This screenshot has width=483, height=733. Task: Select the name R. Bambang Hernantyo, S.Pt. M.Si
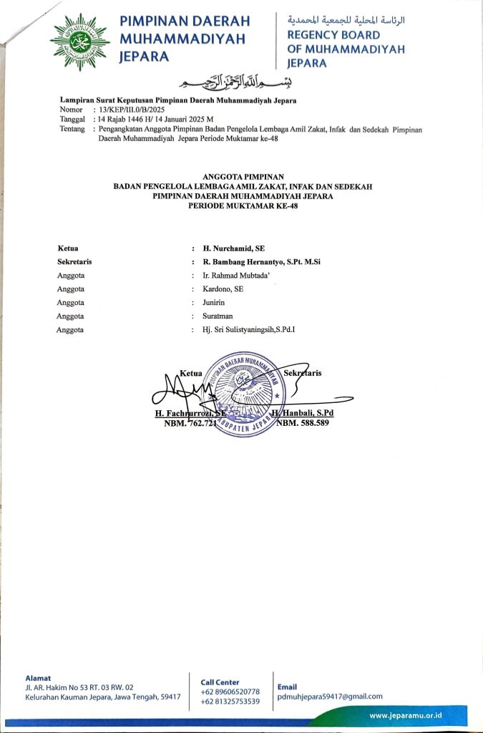[262, 261]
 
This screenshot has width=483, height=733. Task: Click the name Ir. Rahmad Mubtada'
[236, 275]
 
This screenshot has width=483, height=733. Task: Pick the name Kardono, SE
[223, 288]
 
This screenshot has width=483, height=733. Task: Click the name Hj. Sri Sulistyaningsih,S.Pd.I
[249, 329]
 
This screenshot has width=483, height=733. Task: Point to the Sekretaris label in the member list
[74, 261]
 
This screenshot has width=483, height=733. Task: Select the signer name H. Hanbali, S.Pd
[302, 414]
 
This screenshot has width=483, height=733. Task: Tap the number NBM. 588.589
[303, 424]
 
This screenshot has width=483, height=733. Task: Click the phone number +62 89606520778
[230, 691]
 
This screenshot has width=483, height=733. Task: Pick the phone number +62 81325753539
[230, 702]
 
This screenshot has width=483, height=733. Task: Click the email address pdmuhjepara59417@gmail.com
[330, 696]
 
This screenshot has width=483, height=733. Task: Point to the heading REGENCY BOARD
[333, 35]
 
